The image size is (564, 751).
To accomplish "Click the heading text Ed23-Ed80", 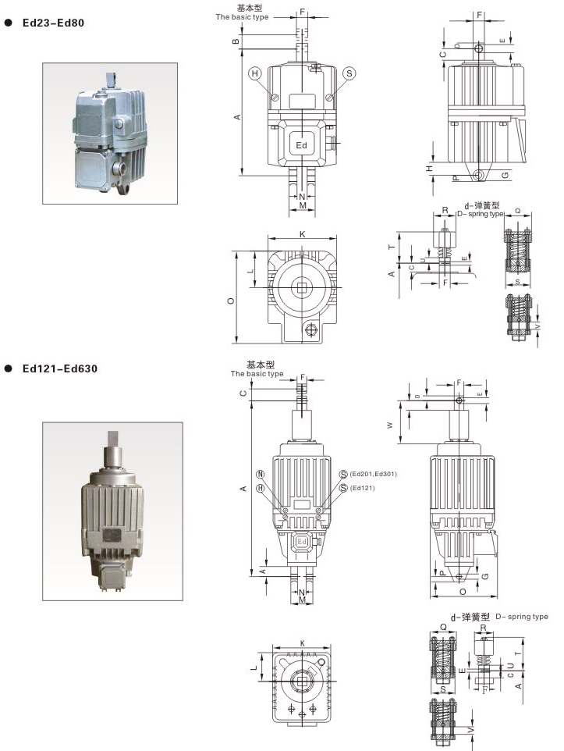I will click(x=53, y=23).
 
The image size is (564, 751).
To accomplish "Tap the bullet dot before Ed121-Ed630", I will click(x=9, y=368).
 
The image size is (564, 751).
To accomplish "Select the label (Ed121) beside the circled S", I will click(x=363, y=488).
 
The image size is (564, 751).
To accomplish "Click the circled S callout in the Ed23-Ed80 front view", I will click(x=349, y=73).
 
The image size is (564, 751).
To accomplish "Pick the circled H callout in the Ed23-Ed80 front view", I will click(x=254, y=73).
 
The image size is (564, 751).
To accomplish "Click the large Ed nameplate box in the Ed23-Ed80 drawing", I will click(x=302, y=145).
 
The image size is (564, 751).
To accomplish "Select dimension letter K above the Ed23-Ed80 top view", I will click(x=302, y=233).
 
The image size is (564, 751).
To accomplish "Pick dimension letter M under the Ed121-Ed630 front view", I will click(x=301, y=600).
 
